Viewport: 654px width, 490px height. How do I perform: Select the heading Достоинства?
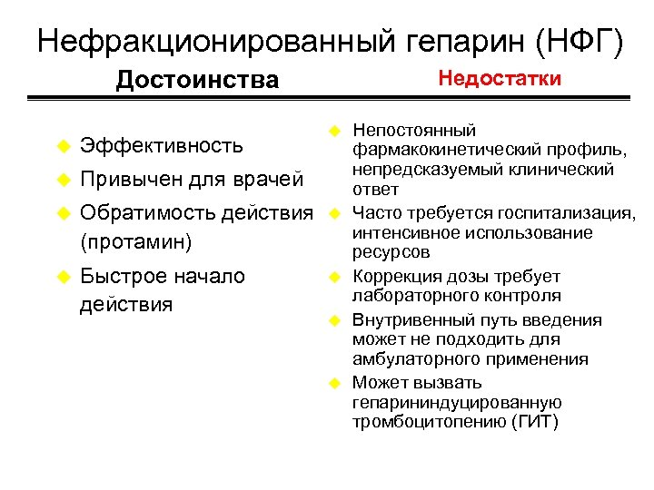pos(197,80)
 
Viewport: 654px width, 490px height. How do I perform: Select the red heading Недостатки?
pos(500,78)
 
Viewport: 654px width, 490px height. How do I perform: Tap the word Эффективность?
pos(162,146)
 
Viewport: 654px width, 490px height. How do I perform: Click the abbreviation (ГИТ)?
pos(533,422)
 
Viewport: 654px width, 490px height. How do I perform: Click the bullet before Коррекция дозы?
pos(334,277)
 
